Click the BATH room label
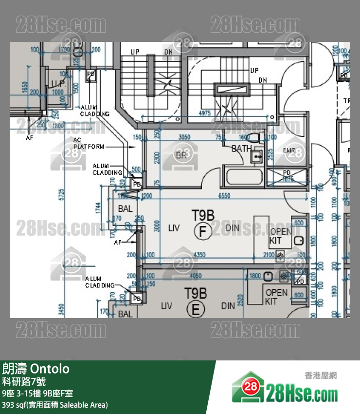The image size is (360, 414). click(x=242, y=149)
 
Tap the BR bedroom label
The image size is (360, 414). click(x=181, y=155)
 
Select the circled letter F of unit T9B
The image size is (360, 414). click(x=203, y=231)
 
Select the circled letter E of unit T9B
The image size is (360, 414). click(x=195, y=309)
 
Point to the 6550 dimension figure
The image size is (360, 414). click(x=224, y=196)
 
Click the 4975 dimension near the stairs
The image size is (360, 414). click(x=205, y=113)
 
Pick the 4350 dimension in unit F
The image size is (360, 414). click(x=199, y=255)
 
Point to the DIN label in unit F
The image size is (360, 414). click(x=232, y=227)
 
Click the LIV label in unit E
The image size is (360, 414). click(x=166, y=306)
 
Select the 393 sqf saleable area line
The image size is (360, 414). click(x=55, y=405)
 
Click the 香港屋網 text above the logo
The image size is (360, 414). click(x=321, y=376)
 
